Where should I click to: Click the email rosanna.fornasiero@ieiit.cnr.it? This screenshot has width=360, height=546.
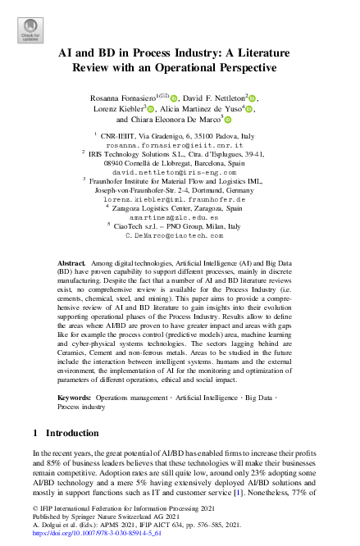point(180,143)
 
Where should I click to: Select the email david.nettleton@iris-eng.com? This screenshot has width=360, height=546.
point(180,171)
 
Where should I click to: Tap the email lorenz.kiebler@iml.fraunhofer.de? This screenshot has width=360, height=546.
point(180,199)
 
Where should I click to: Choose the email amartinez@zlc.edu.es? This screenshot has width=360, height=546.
point(180,217)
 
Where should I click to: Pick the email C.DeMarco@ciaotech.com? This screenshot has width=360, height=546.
point(180,235)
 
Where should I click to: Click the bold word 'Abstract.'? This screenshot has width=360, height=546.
point(71,257)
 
